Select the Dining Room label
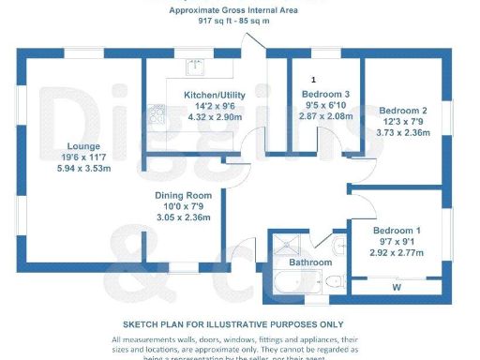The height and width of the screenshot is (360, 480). pos(190,196)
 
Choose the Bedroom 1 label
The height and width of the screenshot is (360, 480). pos(397,231)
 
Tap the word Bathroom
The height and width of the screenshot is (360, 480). pos(309,262)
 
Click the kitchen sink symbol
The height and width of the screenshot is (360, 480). pos(195,67)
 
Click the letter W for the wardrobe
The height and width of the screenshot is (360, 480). pos(397,287)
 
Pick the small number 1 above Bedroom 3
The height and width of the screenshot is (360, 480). pos(314,81)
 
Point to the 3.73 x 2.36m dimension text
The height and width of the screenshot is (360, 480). pos(405,133)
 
